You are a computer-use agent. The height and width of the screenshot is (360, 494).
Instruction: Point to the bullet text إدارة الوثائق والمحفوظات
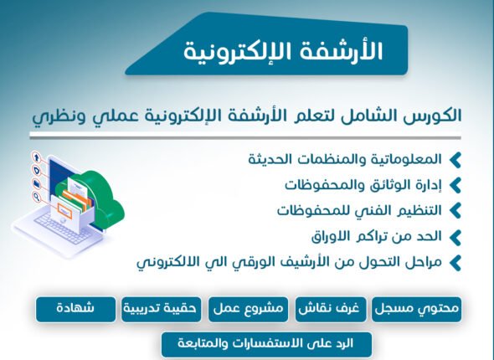pos(363,184)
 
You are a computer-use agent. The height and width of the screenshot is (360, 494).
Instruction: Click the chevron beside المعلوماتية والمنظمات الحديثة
pos(455,159)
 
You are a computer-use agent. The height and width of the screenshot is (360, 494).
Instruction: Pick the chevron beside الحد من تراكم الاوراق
pos(455,237)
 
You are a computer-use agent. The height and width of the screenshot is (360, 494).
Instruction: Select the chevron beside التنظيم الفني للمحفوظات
pos(455,210)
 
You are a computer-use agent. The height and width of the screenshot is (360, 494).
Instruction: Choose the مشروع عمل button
pos(249,309)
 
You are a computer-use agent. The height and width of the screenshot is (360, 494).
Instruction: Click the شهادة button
pos(75,309)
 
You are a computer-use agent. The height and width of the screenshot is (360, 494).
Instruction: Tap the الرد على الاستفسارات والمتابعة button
pos(265,343)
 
